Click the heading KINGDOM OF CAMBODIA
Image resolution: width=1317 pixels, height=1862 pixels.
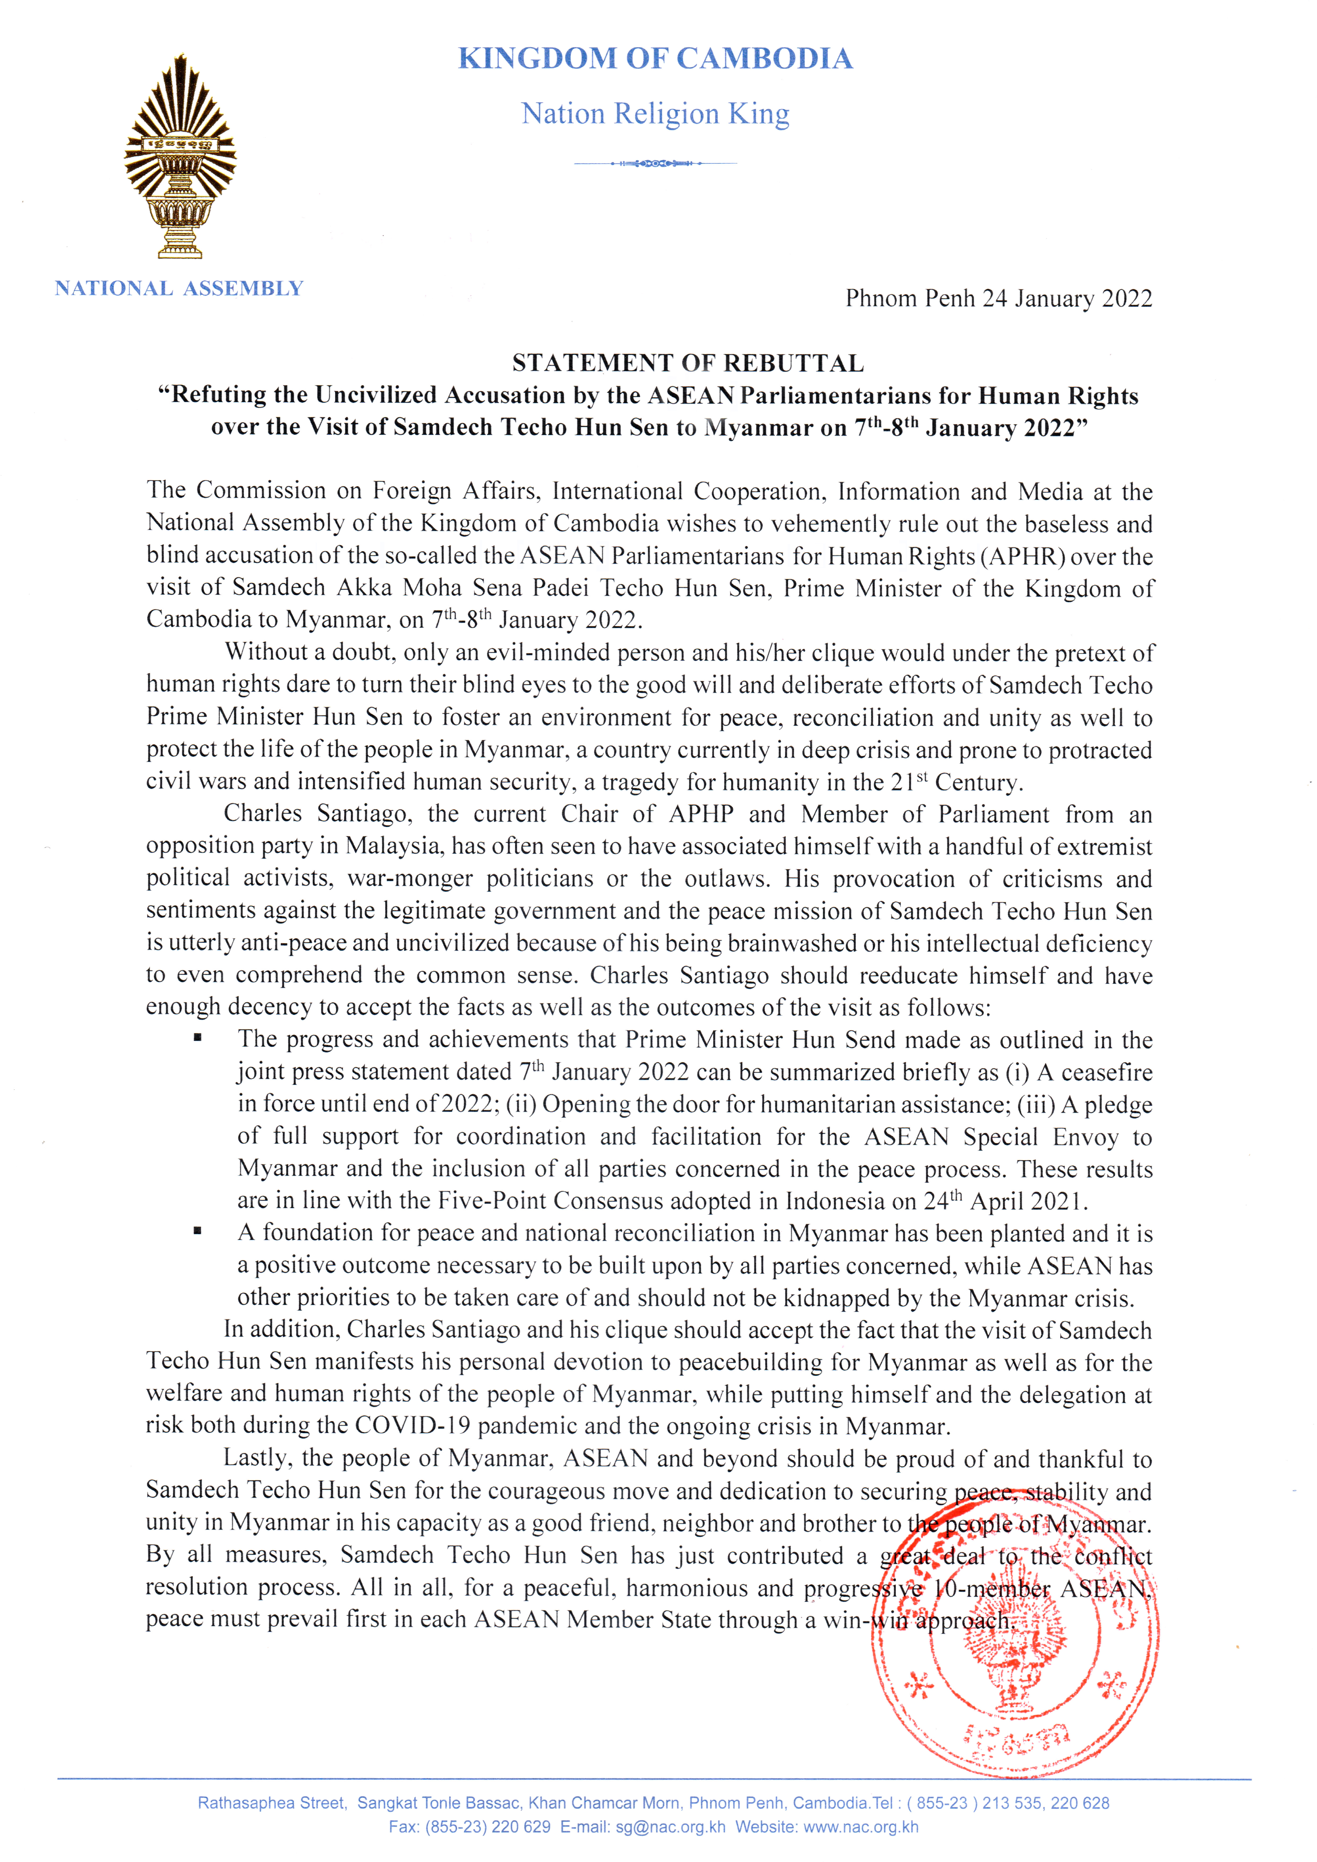pyautogui.click(x=655, y=58)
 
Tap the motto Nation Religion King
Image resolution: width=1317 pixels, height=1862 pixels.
pyautogui.click(x=655, y=114)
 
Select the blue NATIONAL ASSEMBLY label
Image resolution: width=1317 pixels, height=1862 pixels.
pyautogui.click(x=178, y=289)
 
